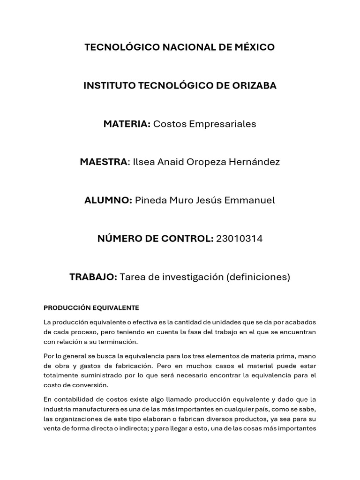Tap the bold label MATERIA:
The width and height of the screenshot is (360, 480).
coord(127,124)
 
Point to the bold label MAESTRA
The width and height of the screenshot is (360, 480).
coord(104,162)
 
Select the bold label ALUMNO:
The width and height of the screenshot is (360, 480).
coord(108,201)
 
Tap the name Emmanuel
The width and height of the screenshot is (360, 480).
coord(251,201)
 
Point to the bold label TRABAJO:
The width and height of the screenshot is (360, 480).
coord(93,277)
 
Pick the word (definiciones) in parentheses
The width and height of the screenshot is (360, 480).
coord(258,277)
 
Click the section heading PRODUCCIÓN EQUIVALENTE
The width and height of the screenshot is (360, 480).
coord(91,308)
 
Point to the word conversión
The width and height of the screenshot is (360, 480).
coord(93,385)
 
